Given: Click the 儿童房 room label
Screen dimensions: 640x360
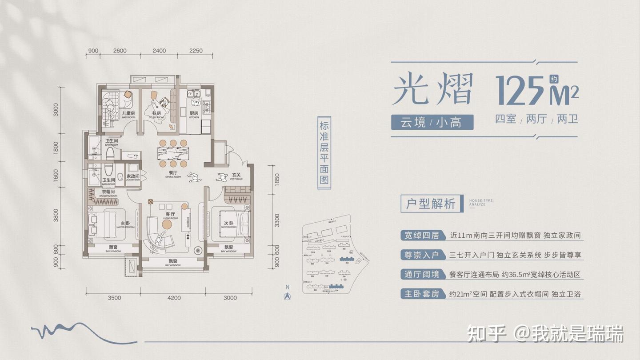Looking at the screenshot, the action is point(128,114).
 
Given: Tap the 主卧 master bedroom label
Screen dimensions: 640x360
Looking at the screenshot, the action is point(125,224).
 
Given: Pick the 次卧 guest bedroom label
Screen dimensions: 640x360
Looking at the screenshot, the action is point(228,224).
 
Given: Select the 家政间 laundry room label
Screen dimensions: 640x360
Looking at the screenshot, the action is point(133,177).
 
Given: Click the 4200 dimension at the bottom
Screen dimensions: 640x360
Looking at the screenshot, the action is point(174,298).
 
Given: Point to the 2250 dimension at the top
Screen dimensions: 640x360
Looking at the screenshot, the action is point(196,51).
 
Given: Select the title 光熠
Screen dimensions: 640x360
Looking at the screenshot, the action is point(432,90).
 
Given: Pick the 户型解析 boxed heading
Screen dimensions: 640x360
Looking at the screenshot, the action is point(431,204).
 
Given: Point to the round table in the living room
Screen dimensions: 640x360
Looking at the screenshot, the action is point(167,225).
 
